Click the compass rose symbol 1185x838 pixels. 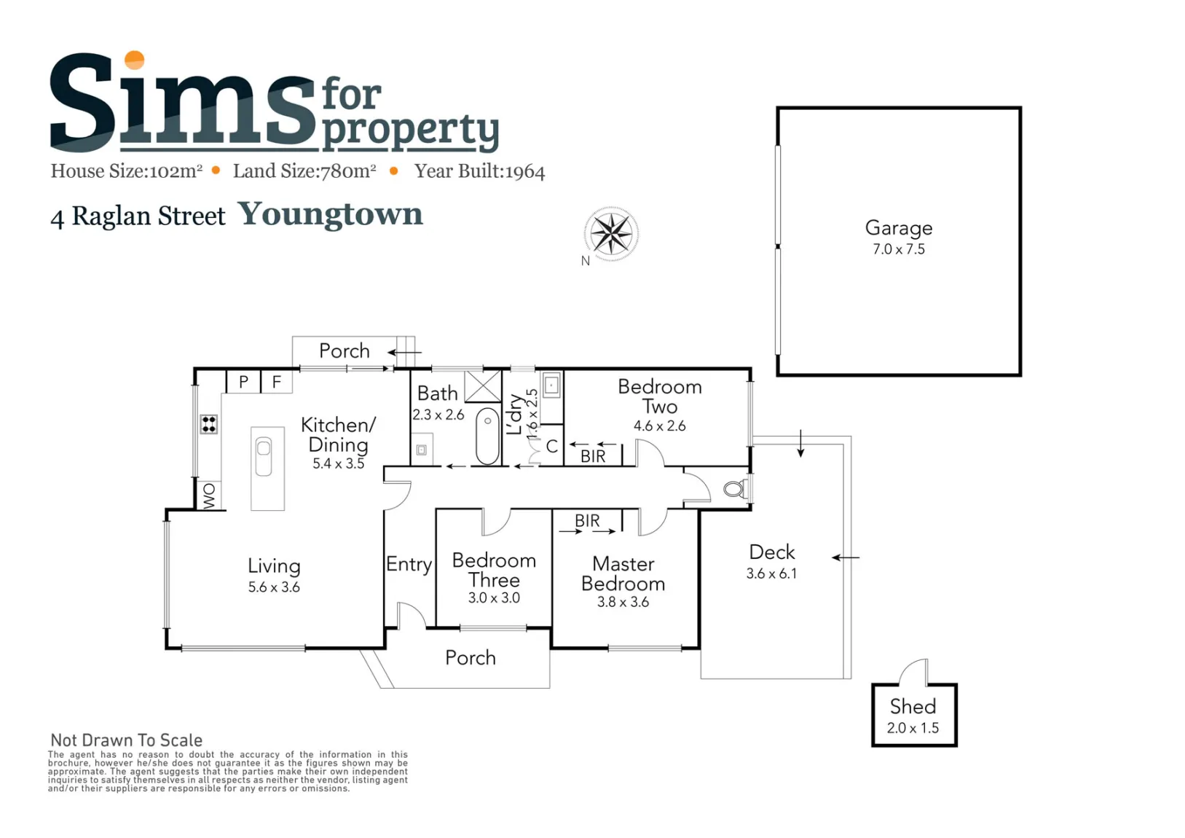pyautogui.click(x=611, y=233)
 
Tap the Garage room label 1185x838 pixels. pyautogui.click(x=898, y=227)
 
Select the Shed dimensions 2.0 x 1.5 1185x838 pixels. pyautogui.click(x=913, y=728)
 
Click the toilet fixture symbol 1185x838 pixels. pyautogui.click(x=736, y=488)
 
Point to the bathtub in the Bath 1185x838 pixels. pyautogui.click(x=487, y=436)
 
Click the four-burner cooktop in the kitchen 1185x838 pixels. pyautogui.click(x=208, y=424)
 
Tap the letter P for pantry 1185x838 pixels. pyautogui.click(x=243, y=382)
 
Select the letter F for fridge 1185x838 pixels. pyautogui.click(x=276, y=381)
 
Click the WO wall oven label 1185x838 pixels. pyautogui.click(x=210, y=496)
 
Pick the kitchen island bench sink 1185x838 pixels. pyautogui.click(x=264, y=455)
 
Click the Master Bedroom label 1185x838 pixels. pyautogui.click(x=623, y=573)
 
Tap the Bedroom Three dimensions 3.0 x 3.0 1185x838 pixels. pyautogui.click(x=494, y=598)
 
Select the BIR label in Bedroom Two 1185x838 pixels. pyautogui.click(x=593, y=455)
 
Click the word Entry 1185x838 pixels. pyautogui.click(x=409, y=564)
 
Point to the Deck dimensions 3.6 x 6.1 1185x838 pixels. pyautogui.click(x=771, y=573)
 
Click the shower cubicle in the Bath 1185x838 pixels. pyautogui.click(x=482, y=386)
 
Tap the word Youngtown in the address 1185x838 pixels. pyautogui.click(x=331, y=214)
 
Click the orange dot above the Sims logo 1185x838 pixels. pyautogui.click(x=134, y=60)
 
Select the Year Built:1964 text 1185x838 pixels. pyautogui.click(x=479, y=171)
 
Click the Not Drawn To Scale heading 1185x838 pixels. pyautogui.click(x=127, y=740)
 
